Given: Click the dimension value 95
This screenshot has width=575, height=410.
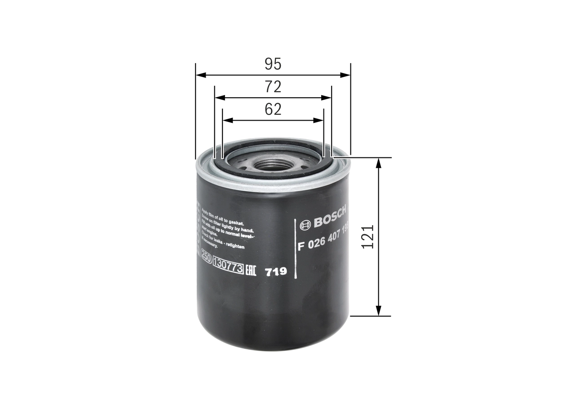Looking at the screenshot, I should (273, 64).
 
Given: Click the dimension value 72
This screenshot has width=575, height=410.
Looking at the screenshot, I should (273, 87).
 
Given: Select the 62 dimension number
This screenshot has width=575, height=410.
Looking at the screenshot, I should (273, 109).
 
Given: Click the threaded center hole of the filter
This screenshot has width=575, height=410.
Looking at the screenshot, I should (272, 165).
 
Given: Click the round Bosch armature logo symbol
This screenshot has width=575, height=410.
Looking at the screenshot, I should (305, 225).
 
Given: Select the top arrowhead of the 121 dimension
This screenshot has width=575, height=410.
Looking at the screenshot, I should (379, 163).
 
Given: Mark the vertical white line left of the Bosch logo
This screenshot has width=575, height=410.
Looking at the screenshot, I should (295, 249).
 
